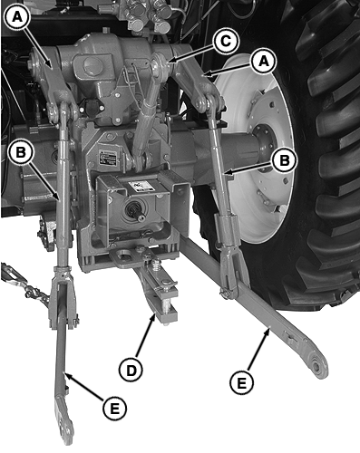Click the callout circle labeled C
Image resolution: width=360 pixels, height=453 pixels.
click(x=226, y=43)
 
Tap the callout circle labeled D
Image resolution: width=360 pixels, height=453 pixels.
click(x=131, y=371)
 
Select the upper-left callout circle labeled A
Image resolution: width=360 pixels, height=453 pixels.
click(x=18, y=17)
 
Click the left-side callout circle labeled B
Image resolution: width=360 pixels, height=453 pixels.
click(x=21, y=152)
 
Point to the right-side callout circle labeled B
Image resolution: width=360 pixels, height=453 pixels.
click(x=284, y=160)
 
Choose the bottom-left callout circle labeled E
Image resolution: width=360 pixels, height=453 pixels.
click(x=114, y=410)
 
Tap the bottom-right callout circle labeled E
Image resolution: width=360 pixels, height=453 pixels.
click(x=241, y=383)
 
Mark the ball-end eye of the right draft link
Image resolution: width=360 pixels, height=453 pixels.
click(x=316, y=365)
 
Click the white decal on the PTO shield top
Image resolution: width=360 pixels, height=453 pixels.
click(x=142, y=186)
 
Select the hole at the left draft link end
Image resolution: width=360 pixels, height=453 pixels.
click(x=64, y=422)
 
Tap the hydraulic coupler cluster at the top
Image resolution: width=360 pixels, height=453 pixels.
click(x=149, y=15)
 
